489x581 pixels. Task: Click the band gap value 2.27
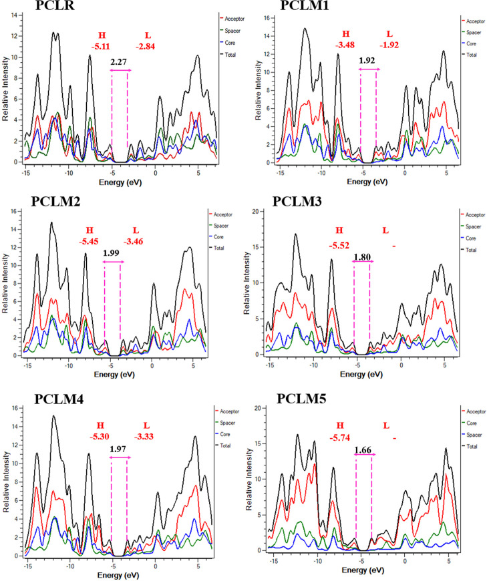(120, 62)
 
